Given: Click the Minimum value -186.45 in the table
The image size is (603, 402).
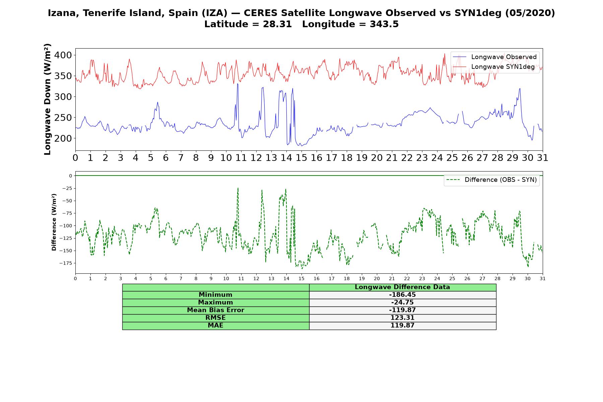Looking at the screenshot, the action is (x=402, y=295).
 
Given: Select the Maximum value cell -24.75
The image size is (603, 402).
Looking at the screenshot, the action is (x=402, y=303).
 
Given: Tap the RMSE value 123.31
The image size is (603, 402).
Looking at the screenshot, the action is (x=402, y=318).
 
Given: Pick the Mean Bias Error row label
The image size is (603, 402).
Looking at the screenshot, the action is (x=215, y=310).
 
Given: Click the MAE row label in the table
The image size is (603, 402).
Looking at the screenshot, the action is (x=215, y=326).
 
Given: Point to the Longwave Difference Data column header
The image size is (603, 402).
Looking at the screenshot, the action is (x=402, y=287).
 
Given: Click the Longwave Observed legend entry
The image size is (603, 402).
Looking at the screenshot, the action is (x=495, y=57).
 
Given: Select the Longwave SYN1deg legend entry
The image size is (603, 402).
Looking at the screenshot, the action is (x=494, y=67).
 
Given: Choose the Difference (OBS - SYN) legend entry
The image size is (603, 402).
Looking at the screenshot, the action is (x=492, y=180).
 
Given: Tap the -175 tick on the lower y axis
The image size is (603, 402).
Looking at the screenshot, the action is (x=66, y=263).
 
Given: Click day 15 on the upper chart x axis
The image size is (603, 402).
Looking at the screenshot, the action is (x=301, y=158).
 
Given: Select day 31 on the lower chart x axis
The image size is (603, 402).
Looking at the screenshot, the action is (x=543, y=278).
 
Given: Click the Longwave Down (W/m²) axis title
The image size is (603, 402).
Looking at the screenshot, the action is (x=48, y=99).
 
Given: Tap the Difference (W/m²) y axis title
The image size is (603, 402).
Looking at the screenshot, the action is (x=54, y=222).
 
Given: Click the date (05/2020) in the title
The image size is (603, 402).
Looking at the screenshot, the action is (x=530, y=13).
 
